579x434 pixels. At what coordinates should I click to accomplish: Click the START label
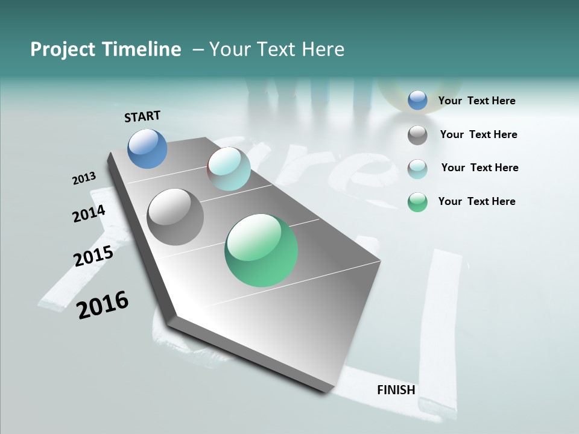[x=142, y=116]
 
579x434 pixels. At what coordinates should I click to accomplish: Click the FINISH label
[x=396, y=390]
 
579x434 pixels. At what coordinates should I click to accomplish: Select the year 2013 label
[x=84, y=178]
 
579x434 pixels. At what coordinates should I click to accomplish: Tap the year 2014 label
[x=89, y=213]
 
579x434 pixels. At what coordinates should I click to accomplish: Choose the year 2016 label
[x=103, y=305]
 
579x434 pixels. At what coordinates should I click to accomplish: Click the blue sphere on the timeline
[x=148, y=148]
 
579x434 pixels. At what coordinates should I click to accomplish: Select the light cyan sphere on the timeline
[x=229, y=169]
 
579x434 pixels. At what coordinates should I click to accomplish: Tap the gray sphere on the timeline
[x=176, y=217]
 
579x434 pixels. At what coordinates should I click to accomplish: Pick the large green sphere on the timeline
[x=261, y=250]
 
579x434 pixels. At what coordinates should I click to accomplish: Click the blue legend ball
[x=417, y=101]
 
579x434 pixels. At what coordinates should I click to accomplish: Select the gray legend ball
[x=417, y=135]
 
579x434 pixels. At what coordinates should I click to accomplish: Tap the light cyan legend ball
[x=417, y=169]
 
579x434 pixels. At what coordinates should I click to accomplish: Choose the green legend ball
[x=417, y=202]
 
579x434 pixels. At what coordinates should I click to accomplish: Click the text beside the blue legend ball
[x=476, y=101]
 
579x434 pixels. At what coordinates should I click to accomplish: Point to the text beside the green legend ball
[x=476, y=201]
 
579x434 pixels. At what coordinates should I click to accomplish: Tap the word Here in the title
[x=323, y=49]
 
